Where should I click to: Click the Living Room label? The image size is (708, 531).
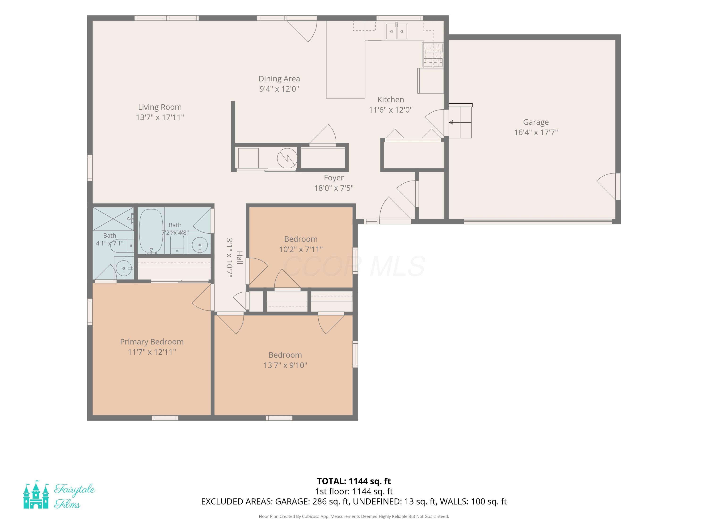pos(160,107)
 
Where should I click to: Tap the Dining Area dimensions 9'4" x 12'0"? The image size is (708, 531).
pos(279,89)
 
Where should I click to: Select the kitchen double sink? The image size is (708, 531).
pos(396,31)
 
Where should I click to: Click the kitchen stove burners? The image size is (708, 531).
pos(433,55)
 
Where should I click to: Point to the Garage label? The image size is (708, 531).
pos(536,122)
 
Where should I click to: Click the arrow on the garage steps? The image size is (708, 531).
pos(460,122)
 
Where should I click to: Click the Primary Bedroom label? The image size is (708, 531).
pos(152,341)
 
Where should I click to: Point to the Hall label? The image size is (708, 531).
pos(239,258)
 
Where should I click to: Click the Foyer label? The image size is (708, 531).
pos(334,178)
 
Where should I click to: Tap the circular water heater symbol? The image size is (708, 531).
pos(287,158)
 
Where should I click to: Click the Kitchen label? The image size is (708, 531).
pos(391,100)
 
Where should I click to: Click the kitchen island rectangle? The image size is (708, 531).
pos(346,59)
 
